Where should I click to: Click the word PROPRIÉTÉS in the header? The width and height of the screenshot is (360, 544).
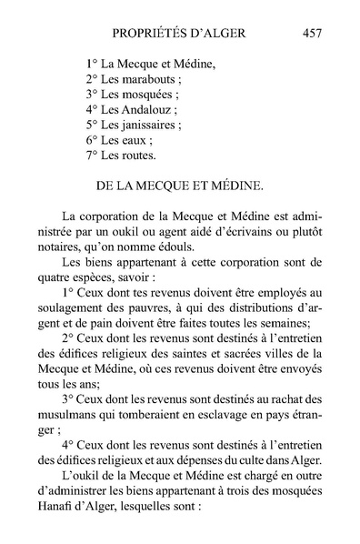click(147, 34)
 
